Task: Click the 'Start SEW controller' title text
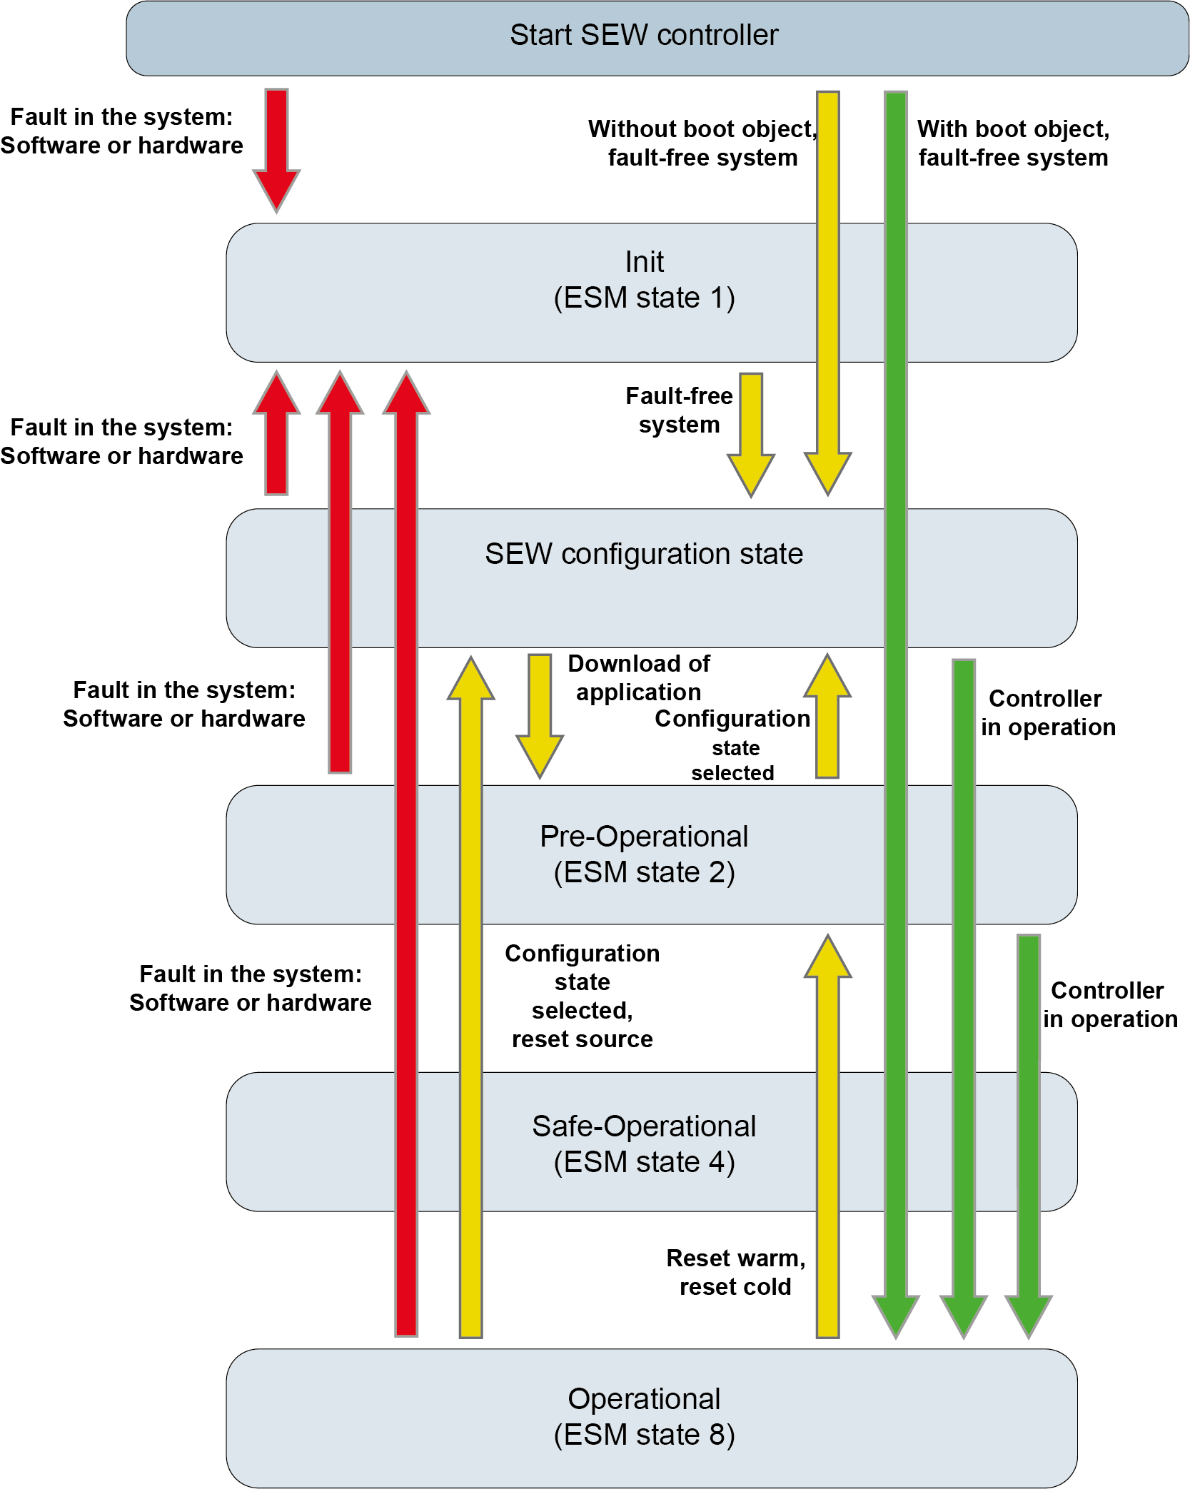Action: (x=643, y=35)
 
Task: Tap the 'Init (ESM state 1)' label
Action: (x=644, y=280)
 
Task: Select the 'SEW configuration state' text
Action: (x=644, y=554)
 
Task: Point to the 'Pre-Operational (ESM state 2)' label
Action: (x=644, y=854)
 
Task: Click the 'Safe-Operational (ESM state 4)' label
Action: (x=644, y=1144)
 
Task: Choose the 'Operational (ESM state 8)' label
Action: (x=644, y=1417)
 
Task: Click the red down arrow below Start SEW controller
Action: (x=276, y=150)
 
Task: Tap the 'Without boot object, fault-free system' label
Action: (x=702, y=143)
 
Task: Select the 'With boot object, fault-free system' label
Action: (x=1013, y=143)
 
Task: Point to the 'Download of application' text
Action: (x=638, y=677)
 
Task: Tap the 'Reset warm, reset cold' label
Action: (x=735, y=1272)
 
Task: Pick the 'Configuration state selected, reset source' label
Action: (x=582, y=996)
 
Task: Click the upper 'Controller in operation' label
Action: (x=1047, y=712)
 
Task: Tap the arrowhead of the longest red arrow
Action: (x=406, y=395)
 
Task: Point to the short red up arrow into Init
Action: (x=276, y=433)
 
